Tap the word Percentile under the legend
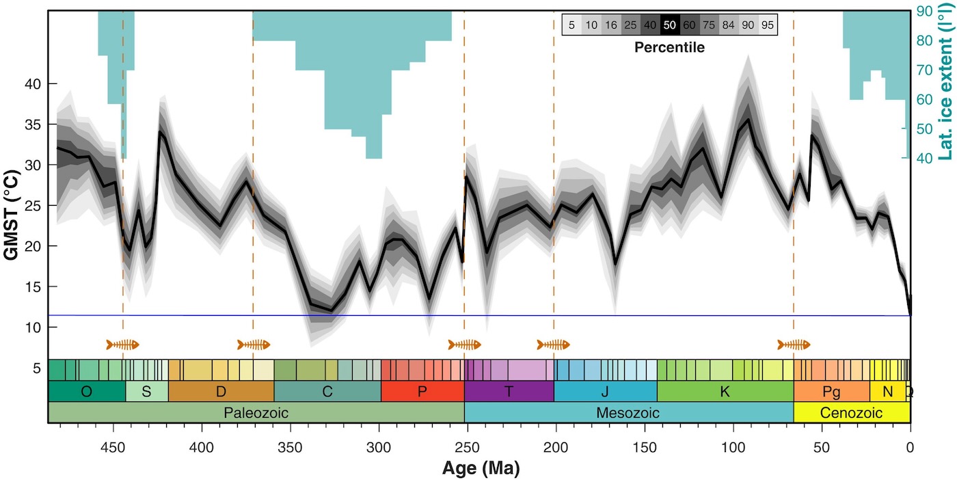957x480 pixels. (669, 48)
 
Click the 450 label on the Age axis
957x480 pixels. (113, 448)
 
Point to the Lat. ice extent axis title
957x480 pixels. (946, 99)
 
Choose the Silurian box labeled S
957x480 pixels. (146, 391)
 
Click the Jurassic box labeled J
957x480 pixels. (605, 391)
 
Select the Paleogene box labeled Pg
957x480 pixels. (831, 391)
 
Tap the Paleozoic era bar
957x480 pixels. (256, 413)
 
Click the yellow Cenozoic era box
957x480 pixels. (851, 413)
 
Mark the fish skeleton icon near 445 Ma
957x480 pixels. (123, 344)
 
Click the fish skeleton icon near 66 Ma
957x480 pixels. (794, 344)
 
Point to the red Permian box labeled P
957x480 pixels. (422, 391)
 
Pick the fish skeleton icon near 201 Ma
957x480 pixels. (553, 344)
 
